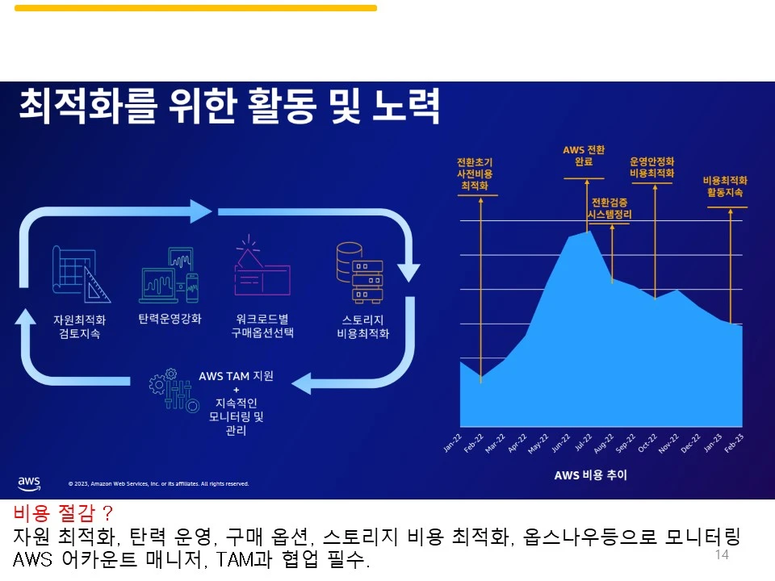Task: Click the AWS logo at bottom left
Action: point(29,483)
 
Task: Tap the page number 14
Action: point(722,555)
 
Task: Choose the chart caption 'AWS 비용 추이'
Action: point(590,474)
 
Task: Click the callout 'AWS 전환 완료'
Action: point(584,156)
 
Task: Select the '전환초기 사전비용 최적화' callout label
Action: point(475,173)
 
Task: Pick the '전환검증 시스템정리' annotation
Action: point(611,208)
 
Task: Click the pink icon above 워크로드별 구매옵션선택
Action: point(261,268)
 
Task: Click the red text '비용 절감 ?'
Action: point(64,513)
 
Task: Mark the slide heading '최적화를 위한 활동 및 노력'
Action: point(228,106)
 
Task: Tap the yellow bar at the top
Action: point(195,8)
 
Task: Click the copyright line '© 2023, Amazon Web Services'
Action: point(158,484)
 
